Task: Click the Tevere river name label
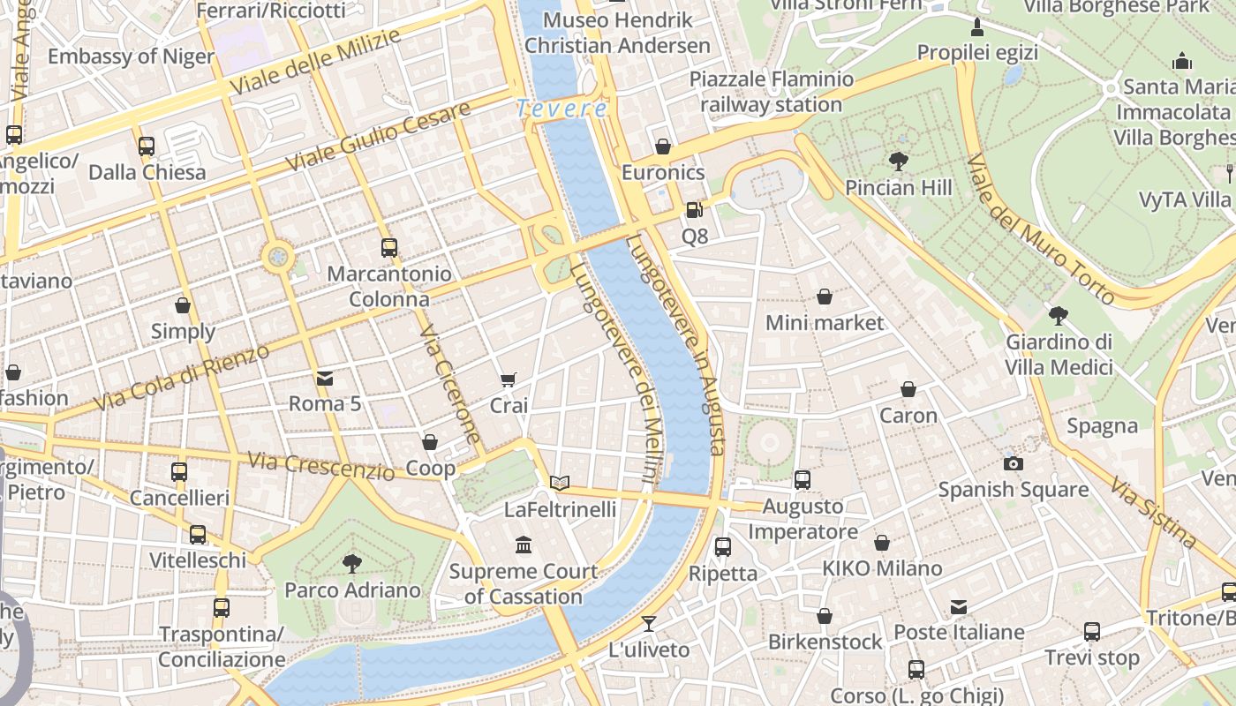[561, 109]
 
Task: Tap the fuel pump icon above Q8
[695, 210]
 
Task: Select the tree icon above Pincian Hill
[899, 161]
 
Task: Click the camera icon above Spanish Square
[1013, 463]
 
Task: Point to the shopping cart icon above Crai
[508, 380]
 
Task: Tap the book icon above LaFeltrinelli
[560, 483]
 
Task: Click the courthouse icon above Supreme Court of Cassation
[524, 545]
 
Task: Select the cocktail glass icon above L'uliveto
[649, 624]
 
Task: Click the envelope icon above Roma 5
[325, 379]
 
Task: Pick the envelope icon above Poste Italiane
[959, 607]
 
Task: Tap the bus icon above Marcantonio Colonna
[388, 248]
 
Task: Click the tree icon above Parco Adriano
[352, 563]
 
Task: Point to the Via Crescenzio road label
[321, 465]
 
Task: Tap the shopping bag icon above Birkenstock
[824, 616]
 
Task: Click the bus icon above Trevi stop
[1092, 632]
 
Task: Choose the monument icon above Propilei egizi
[977, 27]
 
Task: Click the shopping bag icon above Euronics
[663, 146]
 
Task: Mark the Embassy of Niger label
[131, 56]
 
